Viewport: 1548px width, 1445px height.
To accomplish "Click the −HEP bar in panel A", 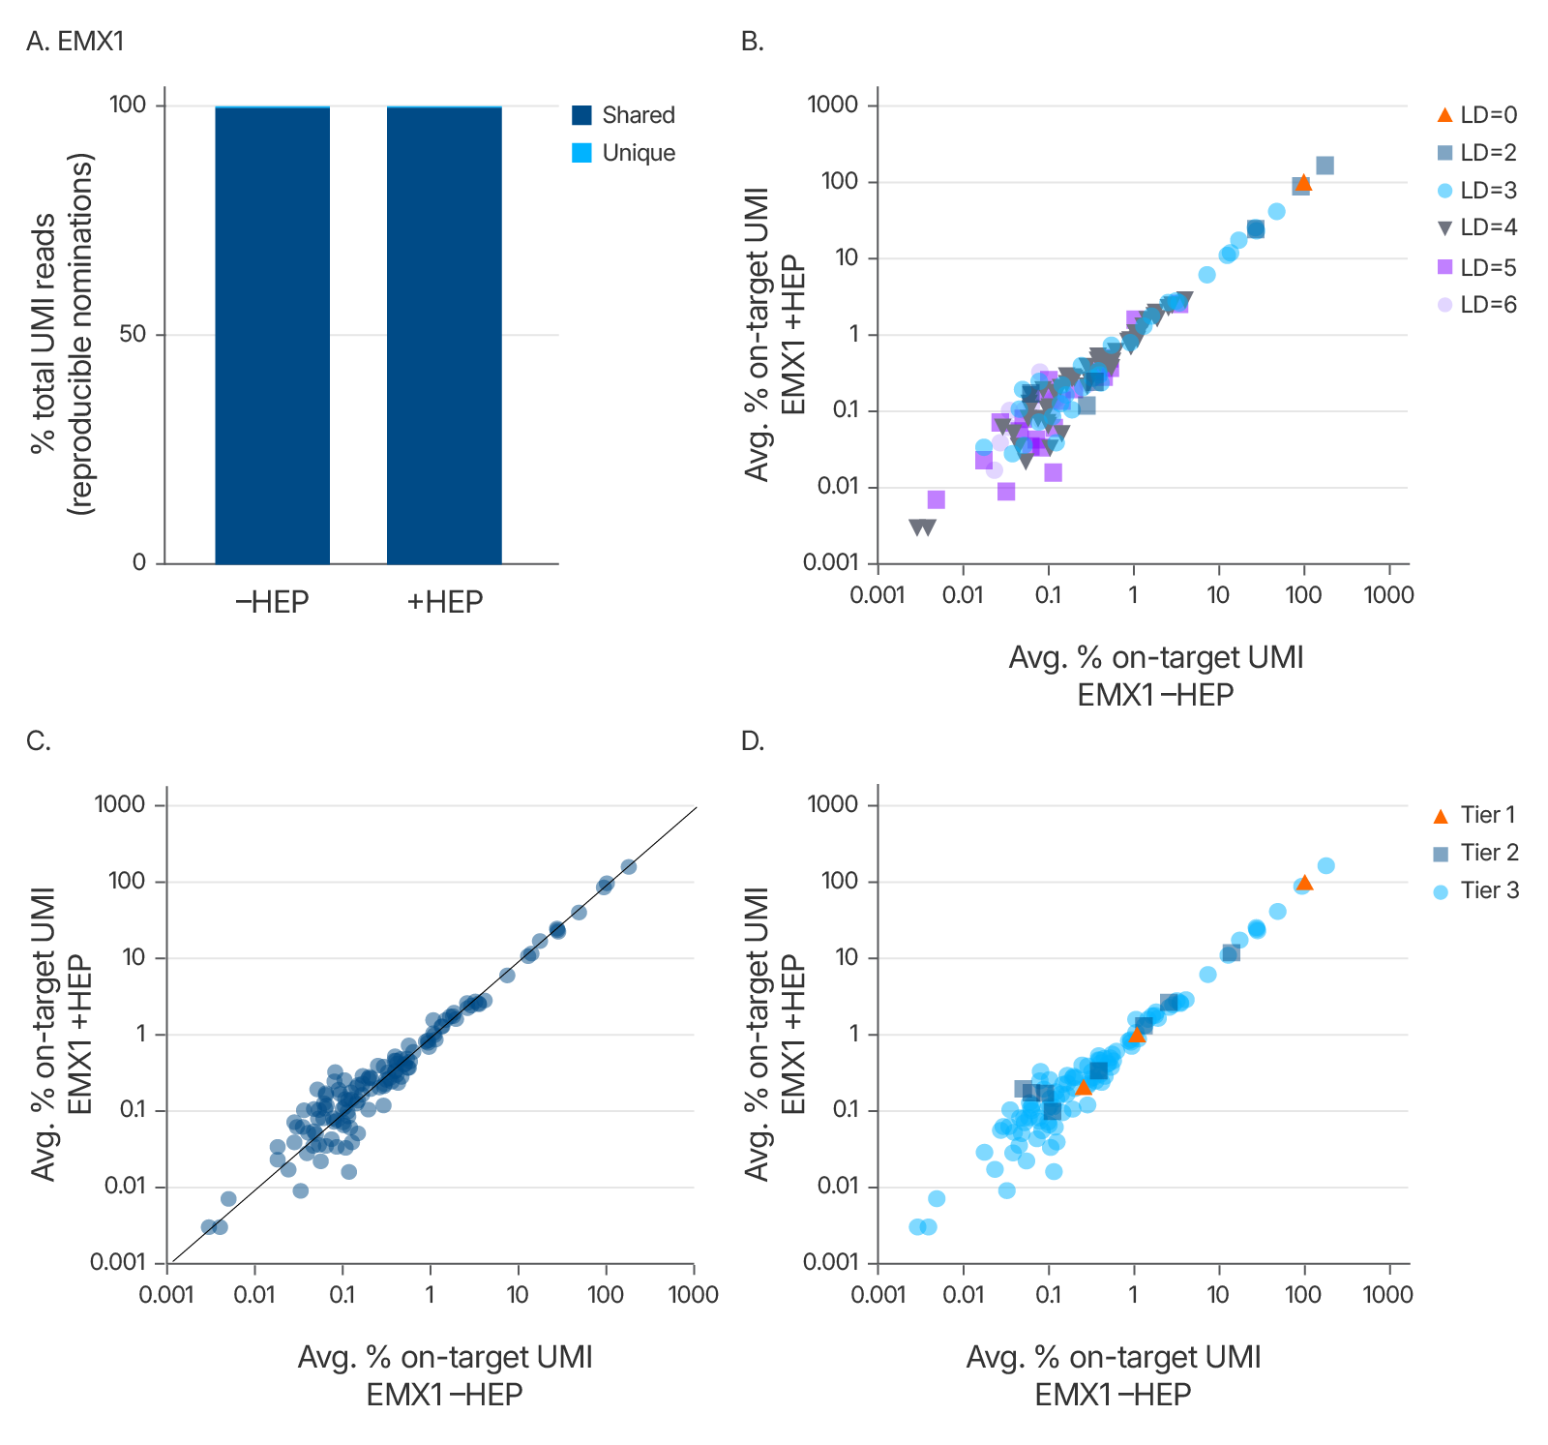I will [272, 335].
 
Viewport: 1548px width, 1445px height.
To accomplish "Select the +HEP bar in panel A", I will [444, 335].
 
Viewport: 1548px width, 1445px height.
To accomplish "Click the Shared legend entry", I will [623, 115].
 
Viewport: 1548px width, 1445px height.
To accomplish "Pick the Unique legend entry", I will [623, 153].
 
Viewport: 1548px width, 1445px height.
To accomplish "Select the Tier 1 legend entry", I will [1474, 815].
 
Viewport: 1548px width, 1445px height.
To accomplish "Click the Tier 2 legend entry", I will [1474, 853].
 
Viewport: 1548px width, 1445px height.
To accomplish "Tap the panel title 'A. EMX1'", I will [75, 42].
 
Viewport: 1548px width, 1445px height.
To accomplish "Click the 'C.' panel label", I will [39, 741].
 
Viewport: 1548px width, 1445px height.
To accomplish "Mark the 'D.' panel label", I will [753, 741].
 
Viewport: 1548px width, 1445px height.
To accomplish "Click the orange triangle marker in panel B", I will [1303, 183].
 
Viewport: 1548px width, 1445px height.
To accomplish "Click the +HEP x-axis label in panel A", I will [444, 602].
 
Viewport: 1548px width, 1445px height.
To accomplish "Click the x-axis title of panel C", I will [445, 1375].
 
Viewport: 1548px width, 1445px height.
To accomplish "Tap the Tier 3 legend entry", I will [1474, 890].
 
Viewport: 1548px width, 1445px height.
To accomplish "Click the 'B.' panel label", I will [752, 42].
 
